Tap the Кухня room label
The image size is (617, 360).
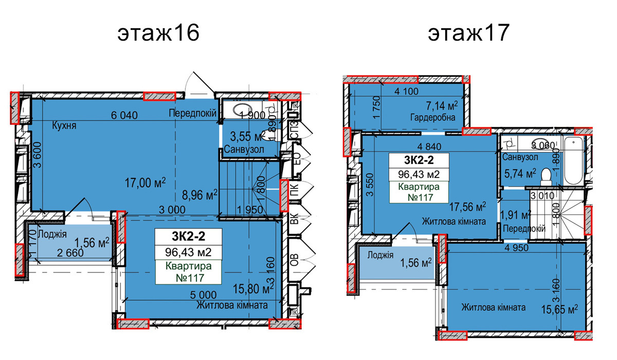[64, 125]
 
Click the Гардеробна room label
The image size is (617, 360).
[433, 117]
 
